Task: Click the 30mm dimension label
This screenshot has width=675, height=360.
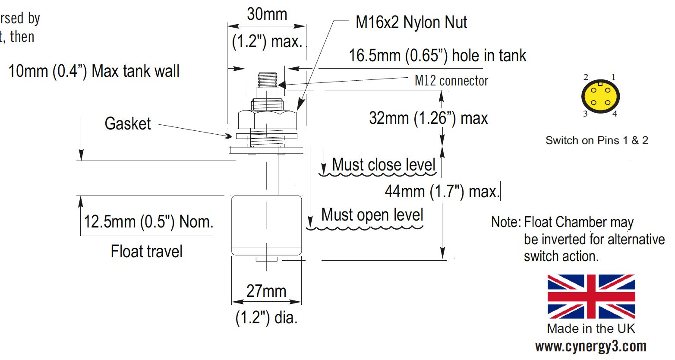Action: point(267,14)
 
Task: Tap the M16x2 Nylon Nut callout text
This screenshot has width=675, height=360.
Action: point(411,22)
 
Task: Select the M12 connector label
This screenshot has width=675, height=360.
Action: point(451,81)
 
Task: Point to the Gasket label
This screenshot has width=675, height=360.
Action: point(128,124)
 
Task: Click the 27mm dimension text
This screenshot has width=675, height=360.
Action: point(266,291)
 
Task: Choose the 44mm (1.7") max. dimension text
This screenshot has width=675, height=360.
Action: point(442,191)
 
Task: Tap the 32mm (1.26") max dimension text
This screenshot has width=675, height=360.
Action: point(428,118)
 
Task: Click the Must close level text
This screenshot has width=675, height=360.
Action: point(383,165)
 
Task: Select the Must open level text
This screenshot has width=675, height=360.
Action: point(372,215)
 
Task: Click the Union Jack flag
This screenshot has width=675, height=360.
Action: point(591,296)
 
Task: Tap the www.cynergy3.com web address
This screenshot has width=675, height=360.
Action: point(590,347)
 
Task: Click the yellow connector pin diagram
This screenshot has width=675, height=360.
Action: point(600,96)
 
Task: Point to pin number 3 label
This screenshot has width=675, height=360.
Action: point(586,114)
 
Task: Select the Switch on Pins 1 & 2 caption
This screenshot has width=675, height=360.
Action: point(596,140)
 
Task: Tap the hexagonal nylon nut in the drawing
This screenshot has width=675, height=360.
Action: point(267,119)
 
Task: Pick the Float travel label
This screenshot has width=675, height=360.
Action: point(146,251)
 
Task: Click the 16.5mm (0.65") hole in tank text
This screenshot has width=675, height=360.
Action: point(437,56)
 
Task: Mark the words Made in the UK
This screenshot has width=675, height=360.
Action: point(591,328)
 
